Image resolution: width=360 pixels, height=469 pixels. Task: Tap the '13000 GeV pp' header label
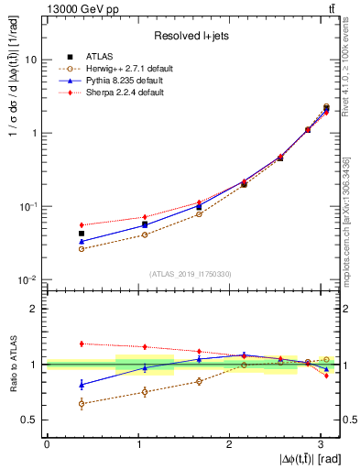pyautogui.click(x=76, y=8)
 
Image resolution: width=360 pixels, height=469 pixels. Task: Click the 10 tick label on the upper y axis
pyautogui.click(x=31, y=60)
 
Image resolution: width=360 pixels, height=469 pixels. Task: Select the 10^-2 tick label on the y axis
pyautogui.click(x=28, y=280)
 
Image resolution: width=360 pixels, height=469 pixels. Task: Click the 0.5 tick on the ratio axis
pyautogui.click(x=30, y=420)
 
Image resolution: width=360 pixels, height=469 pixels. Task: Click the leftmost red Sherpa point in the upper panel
pyautogui.click(x=82, y=224)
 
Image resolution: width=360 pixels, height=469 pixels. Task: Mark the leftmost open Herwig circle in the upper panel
pyautogui.click(x=82, y=248)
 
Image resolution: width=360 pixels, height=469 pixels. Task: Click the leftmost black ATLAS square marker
pyautogui.click(x=82, y=234)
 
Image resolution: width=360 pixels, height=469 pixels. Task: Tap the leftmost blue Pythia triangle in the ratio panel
pyautogui.click(x=82, y=384)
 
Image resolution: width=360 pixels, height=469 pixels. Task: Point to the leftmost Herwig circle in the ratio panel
pyautogui.click(x=82, y=403)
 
